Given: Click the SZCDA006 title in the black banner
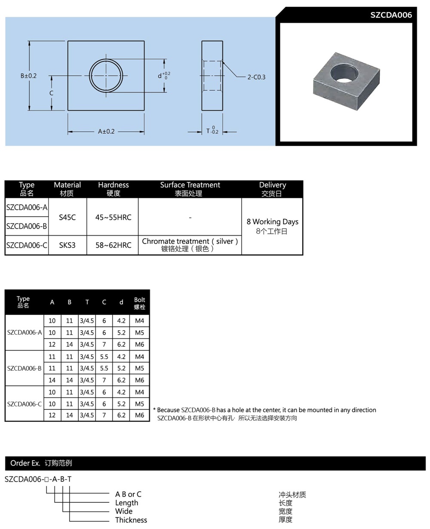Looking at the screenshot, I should (x=391, y=15).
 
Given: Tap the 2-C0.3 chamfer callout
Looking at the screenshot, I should (x=256, y=77).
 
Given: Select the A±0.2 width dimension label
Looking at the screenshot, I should (x=106, y=131).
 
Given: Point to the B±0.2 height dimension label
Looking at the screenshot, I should (x=29, y=76).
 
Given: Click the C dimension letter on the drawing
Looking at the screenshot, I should (x=51, y=93).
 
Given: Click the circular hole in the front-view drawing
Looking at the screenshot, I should (x=106, y=76).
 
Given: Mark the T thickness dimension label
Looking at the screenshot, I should (x=212, y=131).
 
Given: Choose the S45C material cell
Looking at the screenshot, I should (x=67, y=217).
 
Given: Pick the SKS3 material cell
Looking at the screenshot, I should (x=67, y=245).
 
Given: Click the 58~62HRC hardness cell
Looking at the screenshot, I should (x=113, y=245).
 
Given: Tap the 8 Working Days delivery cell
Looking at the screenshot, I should (x=272, y=222).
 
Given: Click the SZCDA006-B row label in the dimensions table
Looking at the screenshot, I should (x=24, y=368).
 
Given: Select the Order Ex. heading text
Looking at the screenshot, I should (x=25, y=463).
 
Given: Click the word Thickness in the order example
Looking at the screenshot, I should (x=131, y=520).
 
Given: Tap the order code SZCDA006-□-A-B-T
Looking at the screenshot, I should (x=38, y=479).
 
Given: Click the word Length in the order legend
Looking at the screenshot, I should (x=126, y=503).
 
